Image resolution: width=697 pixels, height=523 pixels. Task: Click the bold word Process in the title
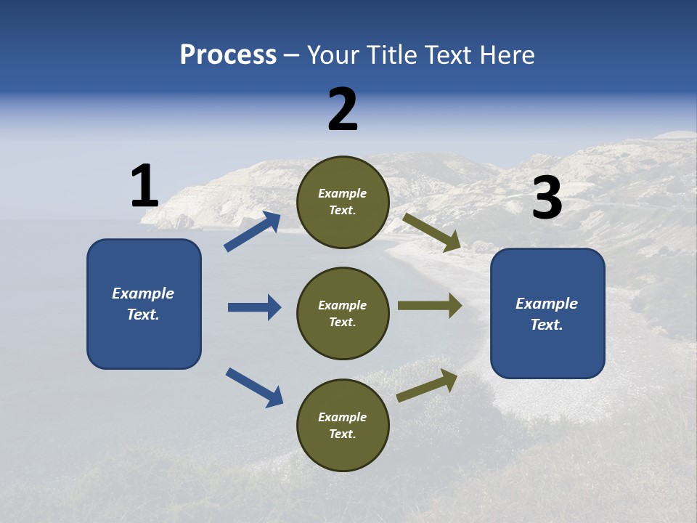pos(228,55)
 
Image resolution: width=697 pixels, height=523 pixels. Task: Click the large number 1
pos(144,187)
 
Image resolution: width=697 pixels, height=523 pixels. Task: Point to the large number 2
pos(343,110)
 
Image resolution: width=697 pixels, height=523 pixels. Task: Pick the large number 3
pos(547,198)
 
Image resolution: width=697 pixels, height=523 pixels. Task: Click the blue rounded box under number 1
pos(144,304)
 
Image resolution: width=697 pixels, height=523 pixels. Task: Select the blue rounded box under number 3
pos(547,313)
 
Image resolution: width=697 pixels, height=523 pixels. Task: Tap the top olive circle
pos(343,202)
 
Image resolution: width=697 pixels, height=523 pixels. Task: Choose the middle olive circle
pos(343,313)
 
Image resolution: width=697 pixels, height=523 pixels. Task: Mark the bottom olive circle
pos(343,425)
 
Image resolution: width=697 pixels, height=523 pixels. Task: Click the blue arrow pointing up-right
pos(253,232)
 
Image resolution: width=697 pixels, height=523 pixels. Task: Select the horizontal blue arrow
pos(254,307)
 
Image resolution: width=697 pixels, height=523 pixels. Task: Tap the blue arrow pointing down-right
pos(254,387)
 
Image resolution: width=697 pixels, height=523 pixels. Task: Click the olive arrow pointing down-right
pos(432,232)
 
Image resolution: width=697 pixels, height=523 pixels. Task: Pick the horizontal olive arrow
pos(429,306)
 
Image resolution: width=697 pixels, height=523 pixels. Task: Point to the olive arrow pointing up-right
pos(427,386)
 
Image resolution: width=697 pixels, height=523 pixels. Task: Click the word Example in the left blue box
pos(143,293)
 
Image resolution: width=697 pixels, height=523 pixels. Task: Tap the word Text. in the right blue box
pos(547,325)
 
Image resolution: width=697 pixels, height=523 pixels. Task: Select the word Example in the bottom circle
pos(343,417)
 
